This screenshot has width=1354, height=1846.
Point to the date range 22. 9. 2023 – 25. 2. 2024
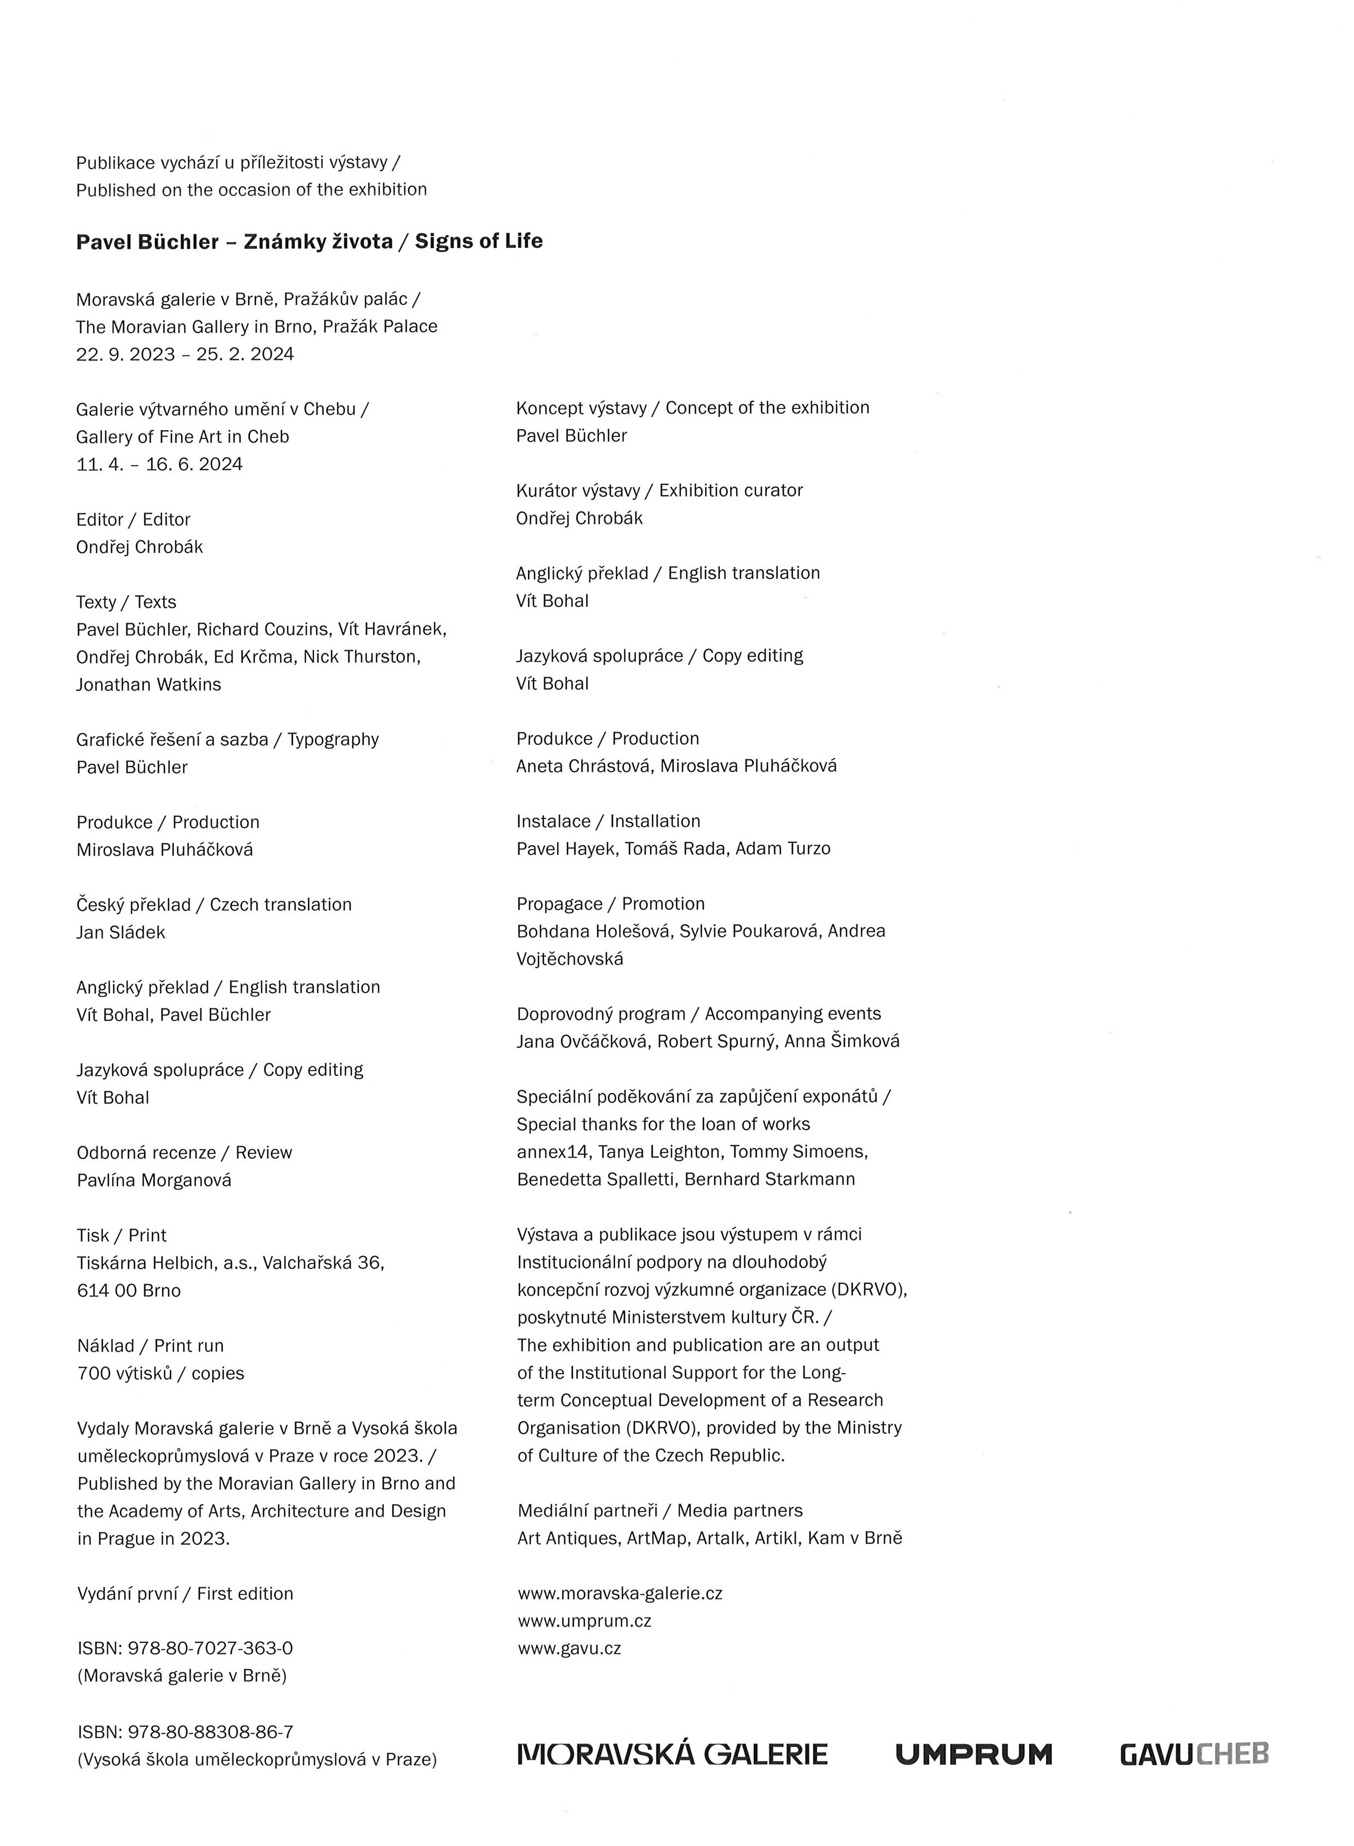(x=185, y=354)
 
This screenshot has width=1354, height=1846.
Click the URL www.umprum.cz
(x=584, y=1621)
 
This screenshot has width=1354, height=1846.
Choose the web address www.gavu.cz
(x=569, y=1648)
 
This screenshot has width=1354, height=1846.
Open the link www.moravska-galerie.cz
(x=620, y=1593)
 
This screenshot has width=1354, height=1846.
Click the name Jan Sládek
(x=120, y=932)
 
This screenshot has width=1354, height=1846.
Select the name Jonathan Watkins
(x=148, y=684)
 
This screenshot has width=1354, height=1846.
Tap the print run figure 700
(x=93, y=1373)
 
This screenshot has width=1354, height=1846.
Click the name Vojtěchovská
(x=569, y=958)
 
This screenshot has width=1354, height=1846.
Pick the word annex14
(x=553, y=1152)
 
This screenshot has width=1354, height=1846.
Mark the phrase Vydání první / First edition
(x=185, y=1593)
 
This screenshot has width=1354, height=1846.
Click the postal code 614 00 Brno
(x=128, y=1290)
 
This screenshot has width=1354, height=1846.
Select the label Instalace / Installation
(x=608, y=821)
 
